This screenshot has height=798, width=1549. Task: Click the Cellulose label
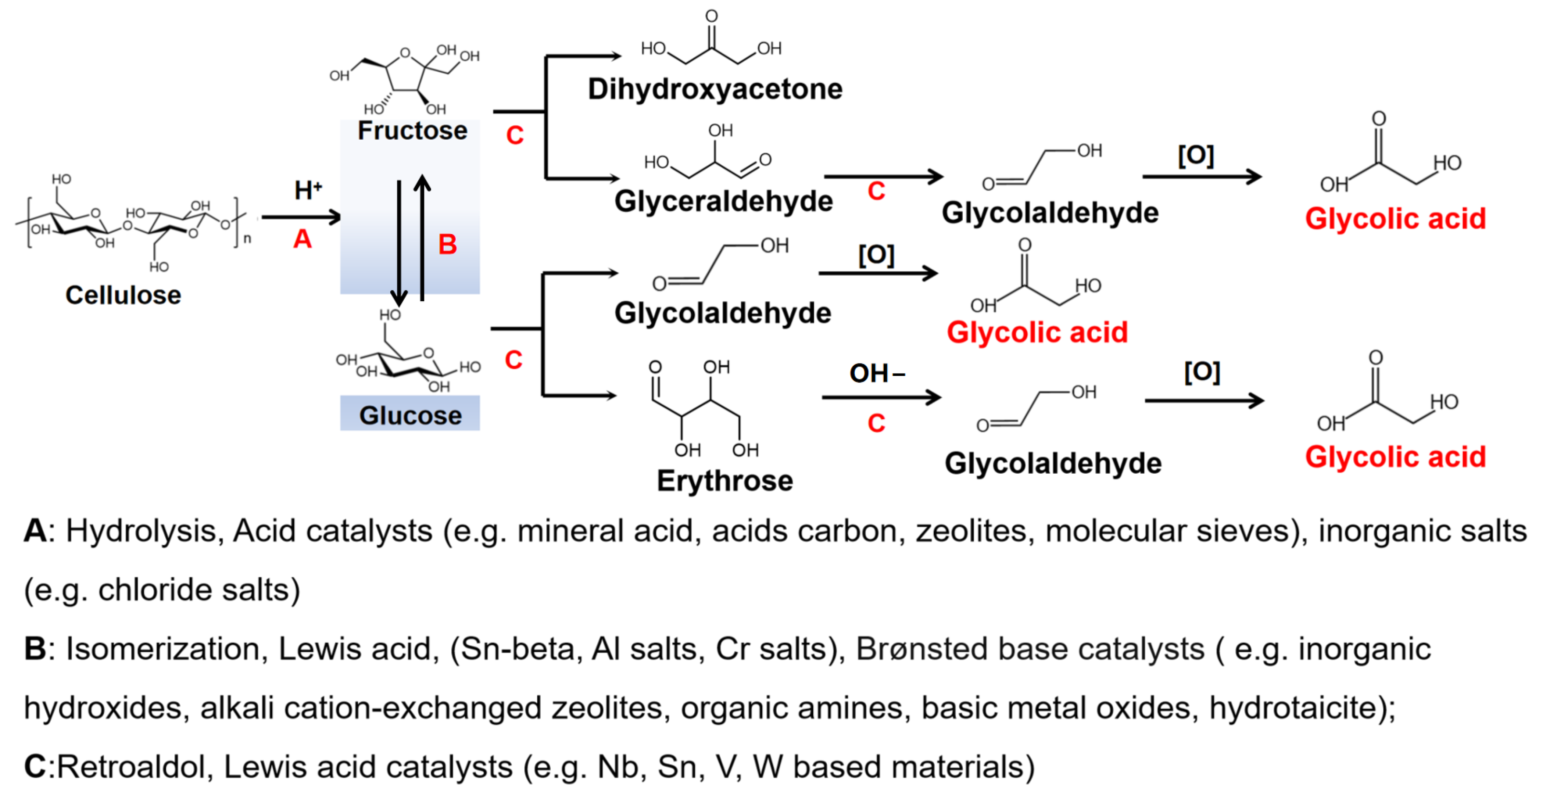tap(123, 295)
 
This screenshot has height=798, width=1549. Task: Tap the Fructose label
tap(412, 131)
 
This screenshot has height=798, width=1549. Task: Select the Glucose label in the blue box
tap(410, 415)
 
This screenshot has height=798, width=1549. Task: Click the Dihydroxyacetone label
tap(715, 89)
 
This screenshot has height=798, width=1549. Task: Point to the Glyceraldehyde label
tap(723, 201)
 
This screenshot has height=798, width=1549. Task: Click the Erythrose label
tap(725, 480)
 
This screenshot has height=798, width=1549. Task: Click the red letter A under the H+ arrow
tap(303, 239)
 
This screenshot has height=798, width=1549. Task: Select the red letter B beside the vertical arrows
tap(448, 245)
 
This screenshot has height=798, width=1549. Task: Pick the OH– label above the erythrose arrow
tap(876, 373)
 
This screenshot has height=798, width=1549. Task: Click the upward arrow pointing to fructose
tap(423, 238)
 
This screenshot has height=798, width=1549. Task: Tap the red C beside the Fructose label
tap(515, 135)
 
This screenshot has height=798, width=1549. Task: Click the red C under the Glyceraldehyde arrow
tap(876, 191)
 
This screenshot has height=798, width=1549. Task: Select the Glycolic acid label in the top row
tap(1395, 218)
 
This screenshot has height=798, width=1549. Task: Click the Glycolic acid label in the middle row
tap(1037, 332)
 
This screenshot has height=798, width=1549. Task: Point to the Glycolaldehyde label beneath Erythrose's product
tap(1053, 463)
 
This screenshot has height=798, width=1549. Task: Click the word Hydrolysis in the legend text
tap(141, 531)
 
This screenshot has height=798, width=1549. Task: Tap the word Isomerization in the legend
tap(163, 649)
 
